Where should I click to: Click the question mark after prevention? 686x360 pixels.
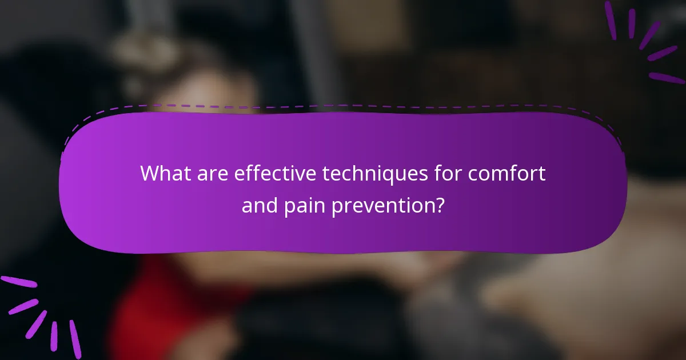click(438, 205)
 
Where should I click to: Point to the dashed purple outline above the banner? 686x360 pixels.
click(343, 106)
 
